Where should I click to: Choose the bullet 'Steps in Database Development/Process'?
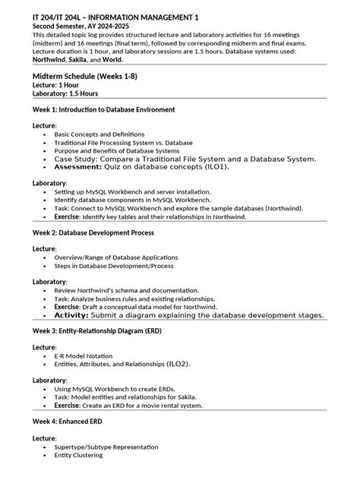click(113, 266)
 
